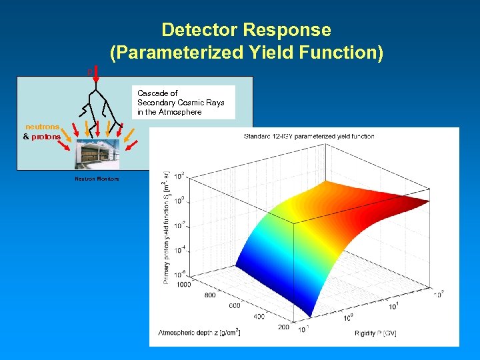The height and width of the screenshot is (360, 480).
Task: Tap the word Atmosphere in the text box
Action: click(x=180, y=112)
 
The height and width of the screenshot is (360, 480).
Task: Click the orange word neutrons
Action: click(x=43, y=127)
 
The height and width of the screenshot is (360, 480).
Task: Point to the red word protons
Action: click(x=46, y=137)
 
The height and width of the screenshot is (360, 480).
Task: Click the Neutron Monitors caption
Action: click(x=97, y=179)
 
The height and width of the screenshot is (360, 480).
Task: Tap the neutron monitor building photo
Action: click(x=98, y=155)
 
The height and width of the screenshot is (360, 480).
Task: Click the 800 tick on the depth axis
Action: click(x=209, y=295)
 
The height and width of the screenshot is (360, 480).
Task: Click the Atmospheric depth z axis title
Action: click(x=199, y=331)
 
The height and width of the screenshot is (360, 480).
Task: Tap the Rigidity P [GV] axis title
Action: click(x=375, y=331)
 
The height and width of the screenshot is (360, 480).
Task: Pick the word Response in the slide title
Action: click(x=287, y=30)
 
